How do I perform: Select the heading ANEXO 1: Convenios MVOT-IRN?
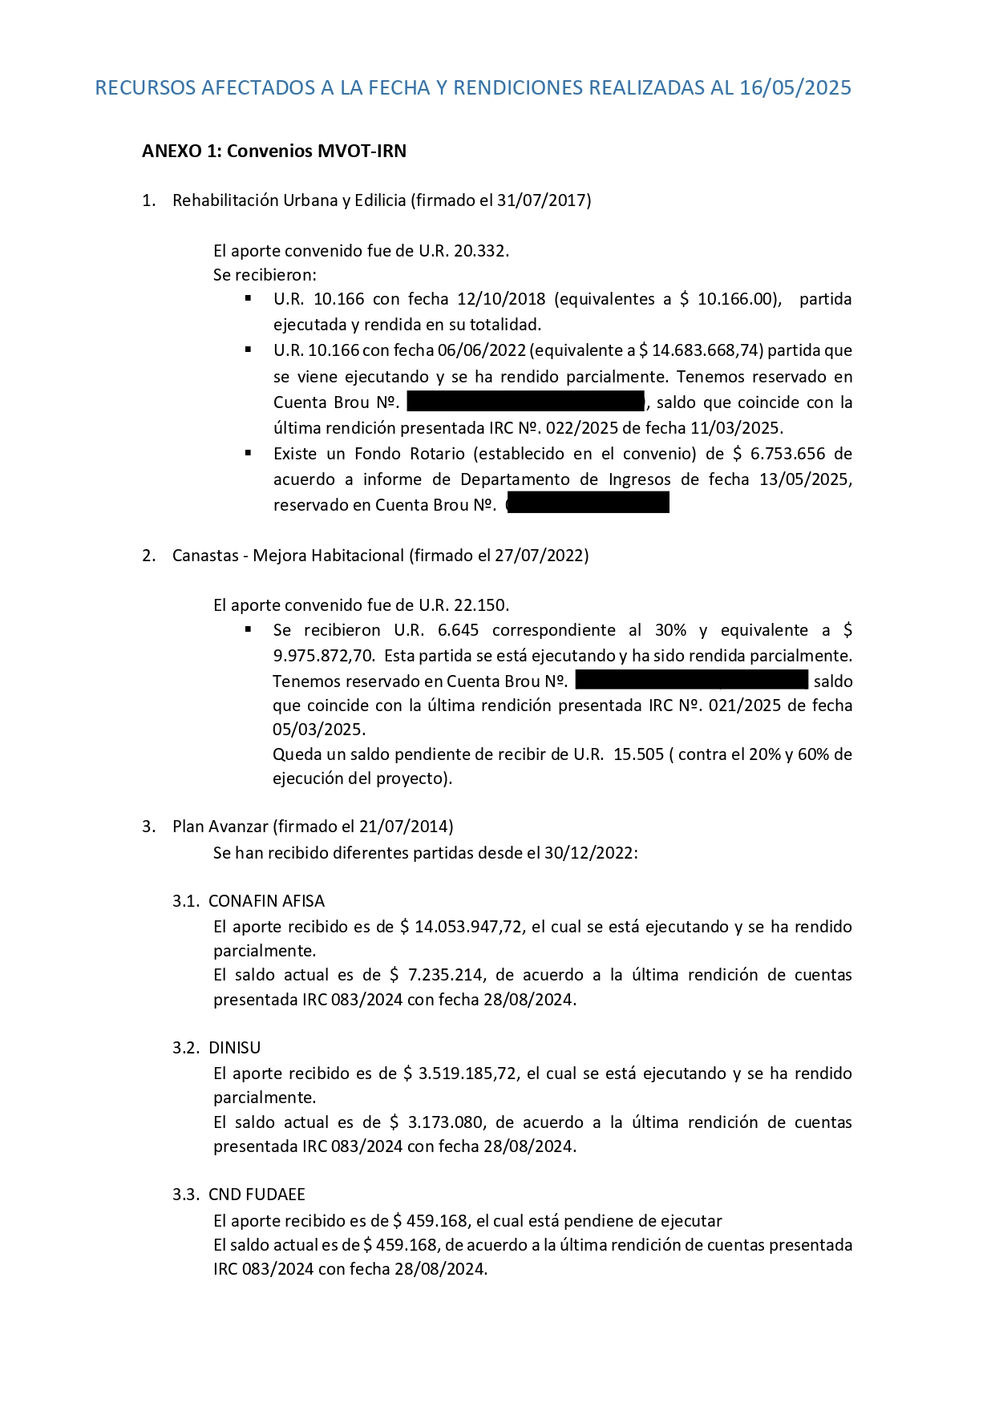point(273,152)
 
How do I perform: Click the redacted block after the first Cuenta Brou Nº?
point(525,402)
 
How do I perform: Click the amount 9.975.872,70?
point(323,655)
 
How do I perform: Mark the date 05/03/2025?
point(319,730)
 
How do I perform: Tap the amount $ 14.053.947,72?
point(461,927)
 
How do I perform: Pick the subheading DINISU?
point(234,1048)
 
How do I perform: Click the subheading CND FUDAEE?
point(257,1195)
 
